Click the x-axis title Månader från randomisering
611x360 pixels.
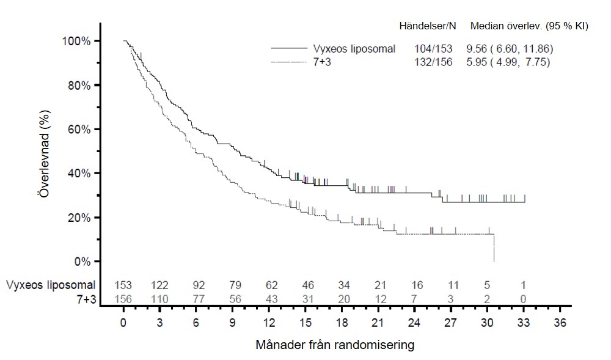335,345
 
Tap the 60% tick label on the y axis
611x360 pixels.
78,130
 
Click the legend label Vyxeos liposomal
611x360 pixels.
354,49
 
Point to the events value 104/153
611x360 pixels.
433,49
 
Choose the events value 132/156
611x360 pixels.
433,62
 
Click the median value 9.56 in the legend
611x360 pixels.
477,49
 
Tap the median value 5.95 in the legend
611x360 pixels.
477,62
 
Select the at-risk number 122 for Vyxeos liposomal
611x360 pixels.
159,285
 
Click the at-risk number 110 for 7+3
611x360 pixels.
159,298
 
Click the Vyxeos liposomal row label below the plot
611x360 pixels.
51,285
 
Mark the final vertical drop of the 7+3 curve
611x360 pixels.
493,248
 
